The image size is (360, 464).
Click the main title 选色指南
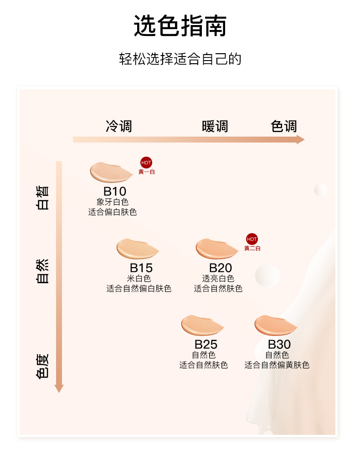pyautogui.click(x=180, y=26)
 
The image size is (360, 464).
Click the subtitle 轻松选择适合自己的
pyautogui.click(x=180, y=59)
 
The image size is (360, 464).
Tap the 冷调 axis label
pyautogui.click(x=119, y=126)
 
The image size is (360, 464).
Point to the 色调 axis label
pyautogui.click(x=284, y=126)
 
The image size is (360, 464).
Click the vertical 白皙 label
pyautogui.click(x=43, y=197)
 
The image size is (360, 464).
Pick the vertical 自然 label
pyautogui.click(x=43, y=271)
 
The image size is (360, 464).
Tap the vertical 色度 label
pyautogui.click(x=43, y=366)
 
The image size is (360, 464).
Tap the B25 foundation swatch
pyautogui.click(x=202, y=325)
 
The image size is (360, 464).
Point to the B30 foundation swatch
pyautogui.click(x=276, y=325)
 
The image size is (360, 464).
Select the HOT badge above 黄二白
pyautogui.click(x=252, y=239)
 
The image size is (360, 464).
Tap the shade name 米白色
pyautogui.click(x=139, y=278)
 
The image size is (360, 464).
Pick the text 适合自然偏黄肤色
pyautogui.click(x=277, y=365)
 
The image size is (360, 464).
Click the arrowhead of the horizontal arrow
pyautogui.click(x=300, y=140)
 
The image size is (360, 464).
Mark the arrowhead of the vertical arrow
pyautogui.click(x=59, y=388)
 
